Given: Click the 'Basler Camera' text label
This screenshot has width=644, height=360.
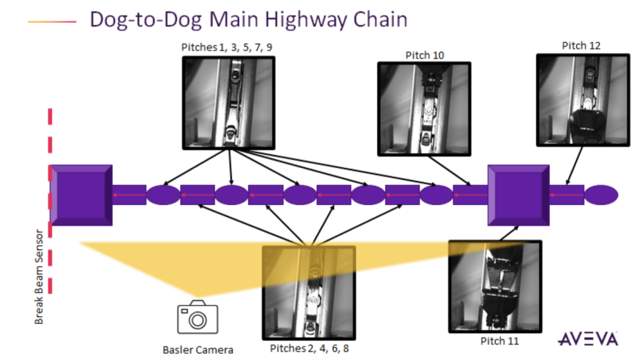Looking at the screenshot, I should point(197,349).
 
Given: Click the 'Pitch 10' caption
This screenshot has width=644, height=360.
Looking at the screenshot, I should point(424,54).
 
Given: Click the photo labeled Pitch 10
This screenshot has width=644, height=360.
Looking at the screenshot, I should point(424,109).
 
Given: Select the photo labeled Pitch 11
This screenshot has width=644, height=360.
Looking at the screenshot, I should point(494,286).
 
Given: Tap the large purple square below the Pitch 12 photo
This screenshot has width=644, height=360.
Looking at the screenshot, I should point(518,194).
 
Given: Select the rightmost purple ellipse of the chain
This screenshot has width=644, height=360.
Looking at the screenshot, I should point(601,194).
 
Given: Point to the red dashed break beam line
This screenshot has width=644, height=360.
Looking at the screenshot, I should point(51,214).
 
